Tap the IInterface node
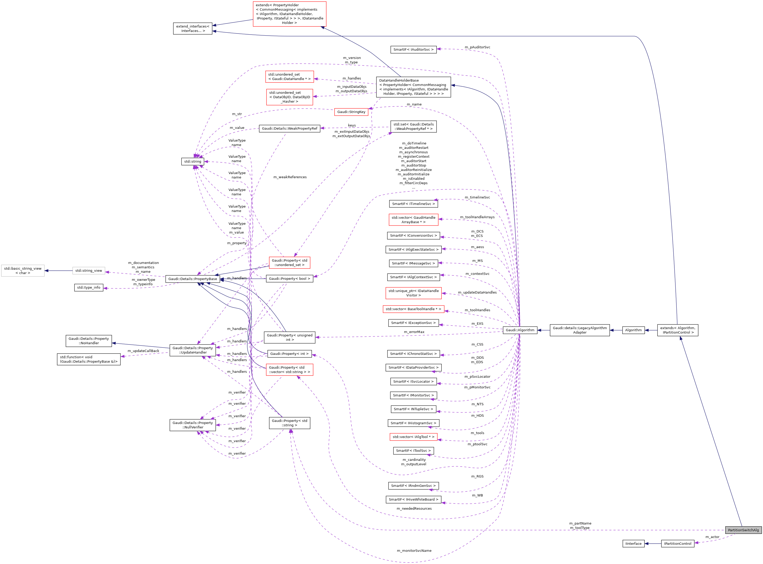(x=633, y=543)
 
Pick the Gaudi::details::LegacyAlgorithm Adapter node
(x=579, y=330)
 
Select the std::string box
(x=192, y=162)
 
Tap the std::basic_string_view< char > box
(x=23, y=271)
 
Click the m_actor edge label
(x=712, y=537)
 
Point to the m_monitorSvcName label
(x=414, y=551)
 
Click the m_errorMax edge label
(x=414, y=332)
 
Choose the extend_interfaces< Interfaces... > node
(x=192, y=29)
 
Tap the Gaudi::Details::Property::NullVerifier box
(x=192, y=425)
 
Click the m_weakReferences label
(x=290, y=177)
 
